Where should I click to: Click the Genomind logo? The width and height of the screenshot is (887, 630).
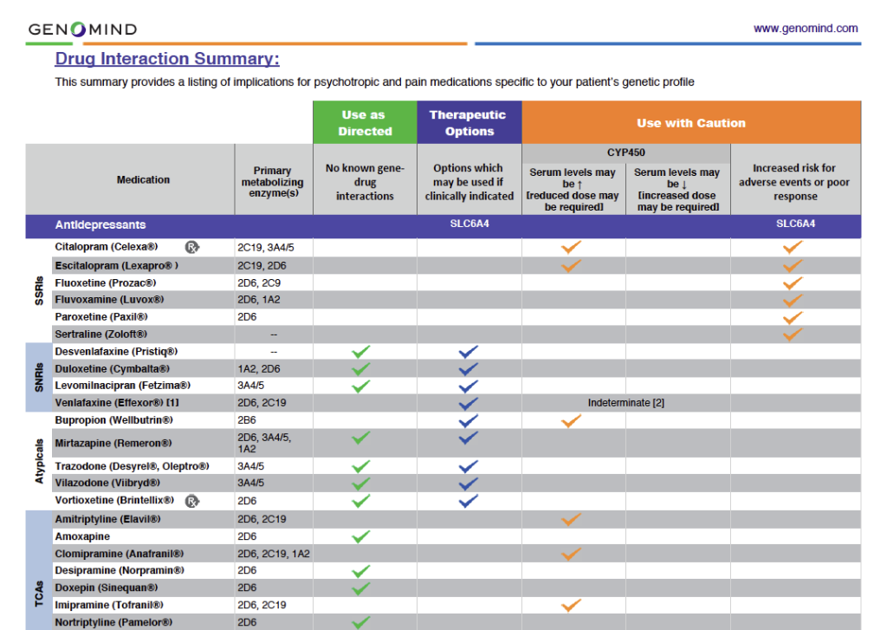(x=82, y=29)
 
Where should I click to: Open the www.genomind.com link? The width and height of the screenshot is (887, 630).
(x=805, y=29)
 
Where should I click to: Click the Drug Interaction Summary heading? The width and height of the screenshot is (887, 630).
(x=167, y=60)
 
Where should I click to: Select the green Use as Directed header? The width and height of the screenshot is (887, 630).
(x=365, y=123)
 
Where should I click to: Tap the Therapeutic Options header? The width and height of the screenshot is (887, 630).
(x=469, y=123)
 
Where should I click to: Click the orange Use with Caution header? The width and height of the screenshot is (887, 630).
(x=690, y=123)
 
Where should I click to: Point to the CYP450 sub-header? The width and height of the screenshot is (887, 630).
(x=626, y=152)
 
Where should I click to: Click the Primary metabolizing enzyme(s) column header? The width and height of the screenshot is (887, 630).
(x=273, y=183)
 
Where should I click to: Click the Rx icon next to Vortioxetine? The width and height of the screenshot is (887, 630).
(x=191, y=500)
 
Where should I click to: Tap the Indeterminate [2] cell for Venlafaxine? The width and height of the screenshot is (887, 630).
(x=625, y=403)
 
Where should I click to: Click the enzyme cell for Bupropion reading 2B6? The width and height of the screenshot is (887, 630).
(x=247, y=420)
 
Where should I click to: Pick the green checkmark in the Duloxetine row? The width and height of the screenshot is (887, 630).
(x=362, y=369)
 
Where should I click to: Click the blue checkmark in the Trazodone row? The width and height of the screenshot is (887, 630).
(x=469, y=466)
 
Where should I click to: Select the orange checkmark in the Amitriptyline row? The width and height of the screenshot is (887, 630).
(x=570, y=519)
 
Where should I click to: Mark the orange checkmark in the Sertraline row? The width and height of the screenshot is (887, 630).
(x=792, y=334)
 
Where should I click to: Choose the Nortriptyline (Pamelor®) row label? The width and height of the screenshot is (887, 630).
(x=113, y=622)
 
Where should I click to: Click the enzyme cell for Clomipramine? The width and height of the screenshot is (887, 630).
(x=273, y=554)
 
